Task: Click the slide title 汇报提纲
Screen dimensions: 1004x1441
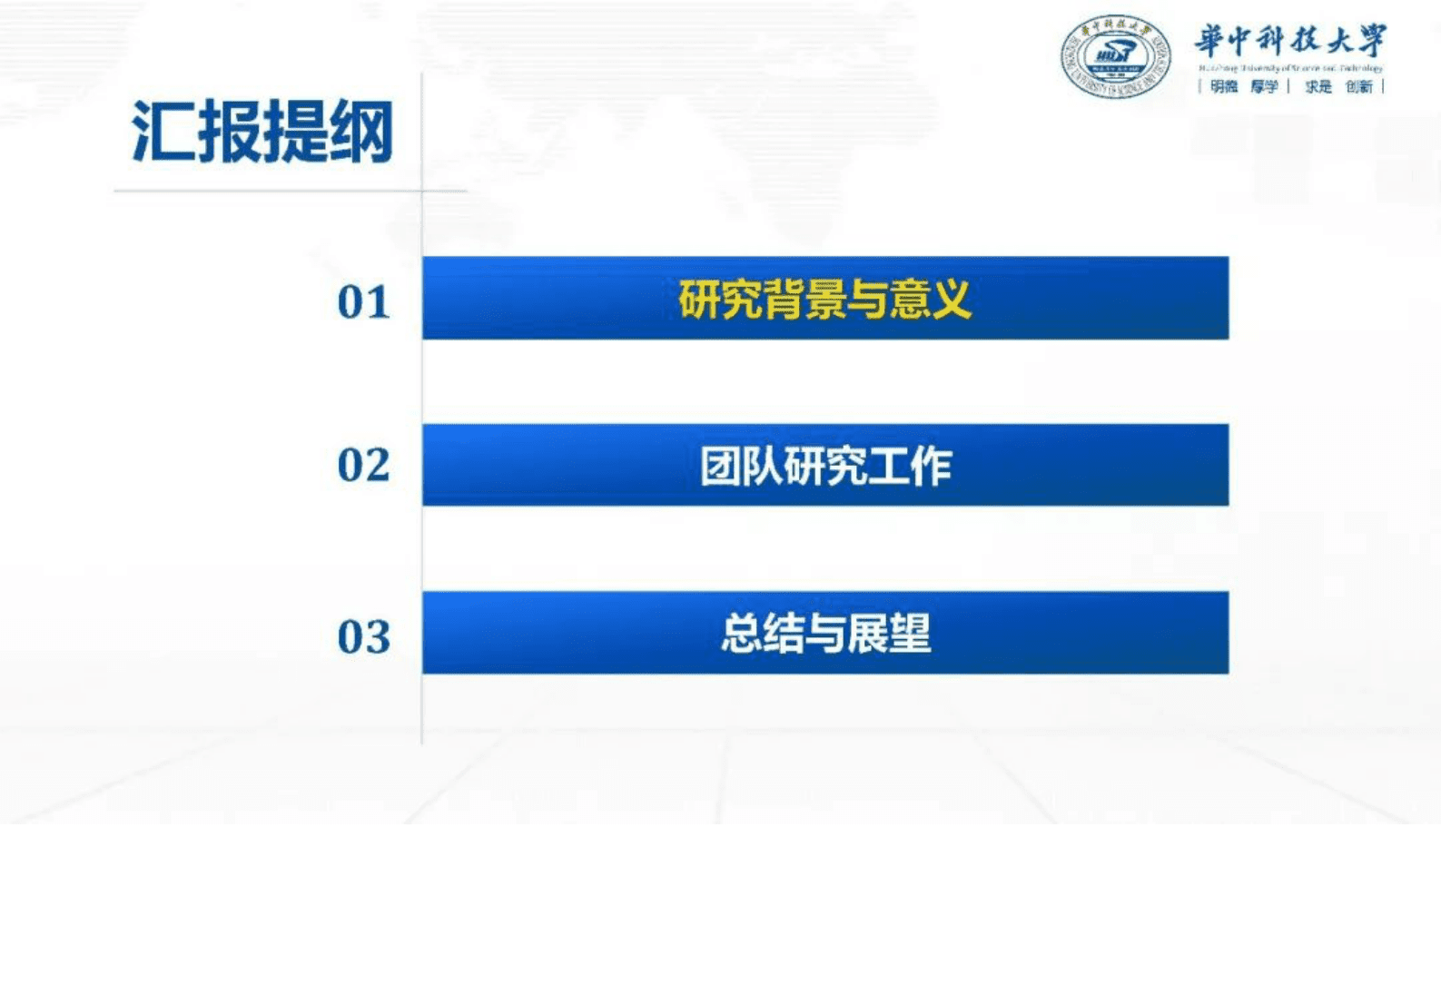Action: tap(262, 133)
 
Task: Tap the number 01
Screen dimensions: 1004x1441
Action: tap(364, 302)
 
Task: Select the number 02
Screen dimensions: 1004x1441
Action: tap(364, 465)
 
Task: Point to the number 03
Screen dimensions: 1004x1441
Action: tap(364, 636)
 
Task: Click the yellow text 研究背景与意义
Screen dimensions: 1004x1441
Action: tap(824, 299)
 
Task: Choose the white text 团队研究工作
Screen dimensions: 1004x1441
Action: tap(825, 467)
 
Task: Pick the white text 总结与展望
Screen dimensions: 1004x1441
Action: tap(825, 634)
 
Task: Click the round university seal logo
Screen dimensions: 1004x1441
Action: tap(1116, 56)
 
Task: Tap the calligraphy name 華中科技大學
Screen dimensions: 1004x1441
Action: tap(1290, 41)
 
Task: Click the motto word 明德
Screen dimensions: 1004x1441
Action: tap(1224, 86)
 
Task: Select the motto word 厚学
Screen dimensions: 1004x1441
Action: tap(1264, 86)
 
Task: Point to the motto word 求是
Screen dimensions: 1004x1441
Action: tap(1318, 86)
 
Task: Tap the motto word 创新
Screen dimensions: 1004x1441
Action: tap(1359, 86)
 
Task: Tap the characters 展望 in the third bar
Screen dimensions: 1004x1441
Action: tap(889, 634)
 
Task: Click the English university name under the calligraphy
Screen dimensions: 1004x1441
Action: tap(1290, 68)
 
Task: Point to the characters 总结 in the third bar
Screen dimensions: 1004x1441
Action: tap(763, 634)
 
